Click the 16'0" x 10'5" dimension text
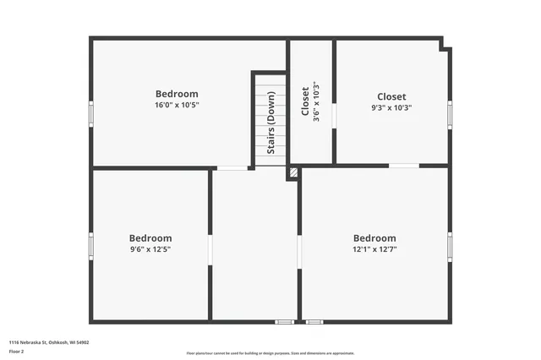pyautogui.click(x=177, y=106)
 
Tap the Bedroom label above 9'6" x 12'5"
pyautogui.click(x=150, y=238)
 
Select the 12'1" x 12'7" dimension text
pyautogui.click(x=374, y=249)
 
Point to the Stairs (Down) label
pyautogui.click(x=271, y=123)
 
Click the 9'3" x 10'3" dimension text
pyautogui.click(x=391, y=108)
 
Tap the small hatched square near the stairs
pyautogui.click(x=293, y=172)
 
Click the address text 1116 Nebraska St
pyautogui.click(x=48, y=342)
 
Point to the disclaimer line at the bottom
pyautogui.click(x=270, y=353)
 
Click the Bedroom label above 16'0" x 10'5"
pyautogui.click(x=177, y=94)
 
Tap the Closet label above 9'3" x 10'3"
pyautogui.click(x=391, y=96)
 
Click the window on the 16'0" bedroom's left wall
pyautogui.click(x=91, y=113)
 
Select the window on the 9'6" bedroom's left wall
pyautogui.click(x=91, y=245)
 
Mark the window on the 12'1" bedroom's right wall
pyautogui.click(x=450, y=246)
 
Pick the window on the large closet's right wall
pyautogui.click(x=450, y=113)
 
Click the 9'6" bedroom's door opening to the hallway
pyautogui.click(x=210, y=250)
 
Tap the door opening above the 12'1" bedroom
pyautogui.click(x=403, y=166)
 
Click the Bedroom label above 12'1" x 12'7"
pyautogui.click(x=374, y=238)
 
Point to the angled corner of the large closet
pyautogui.click(x=445, y=45)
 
